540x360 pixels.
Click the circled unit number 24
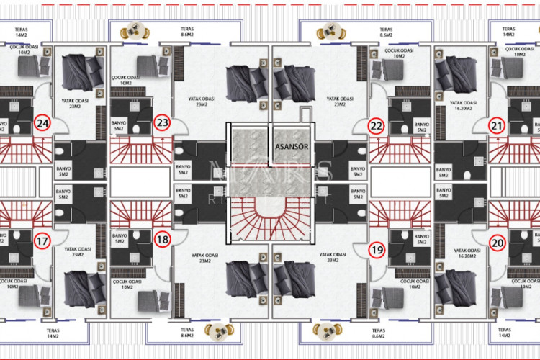43,124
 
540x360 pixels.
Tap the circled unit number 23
163,124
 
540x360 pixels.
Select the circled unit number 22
376,125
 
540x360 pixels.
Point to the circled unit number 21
496,125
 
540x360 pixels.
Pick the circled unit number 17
43,241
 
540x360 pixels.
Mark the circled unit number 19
376,250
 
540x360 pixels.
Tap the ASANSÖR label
292,145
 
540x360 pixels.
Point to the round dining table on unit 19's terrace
324,331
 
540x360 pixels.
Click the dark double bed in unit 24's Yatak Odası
78,72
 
